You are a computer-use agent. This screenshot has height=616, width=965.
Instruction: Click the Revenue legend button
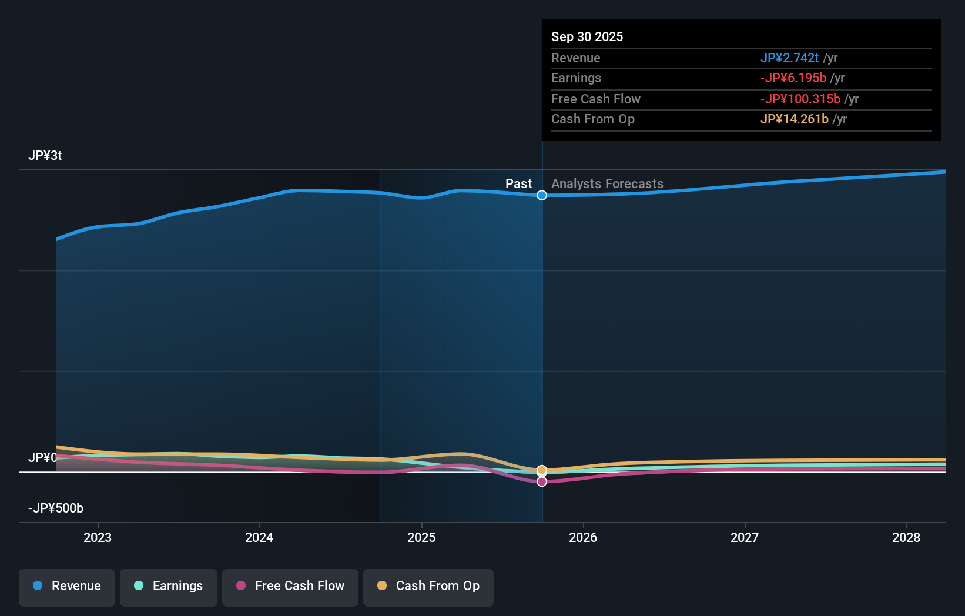67,586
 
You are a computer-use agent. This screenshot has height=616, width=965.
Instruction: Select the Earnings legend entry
169,586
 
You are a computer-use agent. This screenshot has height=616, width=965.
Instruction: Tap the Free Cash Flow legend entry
290,586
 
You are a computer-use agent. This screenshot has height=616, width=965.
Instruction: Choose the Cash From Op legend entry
428,586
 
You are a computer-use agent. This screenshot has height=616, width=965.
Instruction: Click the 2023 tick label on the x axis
98,537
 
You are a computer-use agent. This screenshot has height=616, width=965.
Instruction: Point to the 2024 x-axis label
259,537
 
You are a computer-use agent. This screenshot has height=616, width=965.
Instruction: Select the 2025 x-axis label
421,537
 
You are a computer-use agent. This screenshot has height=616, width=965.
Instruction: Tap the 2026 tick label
583,537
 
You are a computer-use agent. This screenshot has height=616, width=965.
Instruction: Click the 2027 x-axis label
745,537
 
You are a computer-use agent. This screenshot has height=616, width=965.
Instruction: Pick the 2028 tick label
906,537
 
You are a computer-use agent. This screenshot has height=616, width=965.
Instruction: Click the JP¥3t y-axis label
45,156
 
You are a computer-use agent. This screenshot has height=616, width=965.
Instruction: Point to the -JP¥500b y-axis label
56,508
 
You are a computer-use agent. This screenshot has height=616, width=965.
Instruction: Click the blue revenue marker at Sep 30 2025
542,195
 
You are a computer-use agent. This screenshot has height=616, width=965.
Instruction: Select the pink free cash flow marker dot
542,481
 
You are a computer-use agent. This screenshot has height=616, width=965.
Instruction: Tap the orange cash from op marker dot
542,470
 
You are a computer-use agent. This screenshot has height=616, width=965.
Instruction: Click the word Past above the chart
518,184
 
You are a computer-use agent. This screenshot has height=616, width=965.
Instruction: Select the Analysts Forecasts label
607,184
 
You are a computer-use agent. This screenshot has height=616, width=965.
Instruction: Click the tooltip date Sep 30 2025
587,36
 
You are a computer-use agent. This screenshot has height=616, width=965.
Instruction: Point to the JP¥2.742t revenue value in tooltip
789,58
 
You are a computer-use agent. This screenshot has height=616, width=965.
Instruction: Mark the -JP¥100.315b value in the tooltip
800,99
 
